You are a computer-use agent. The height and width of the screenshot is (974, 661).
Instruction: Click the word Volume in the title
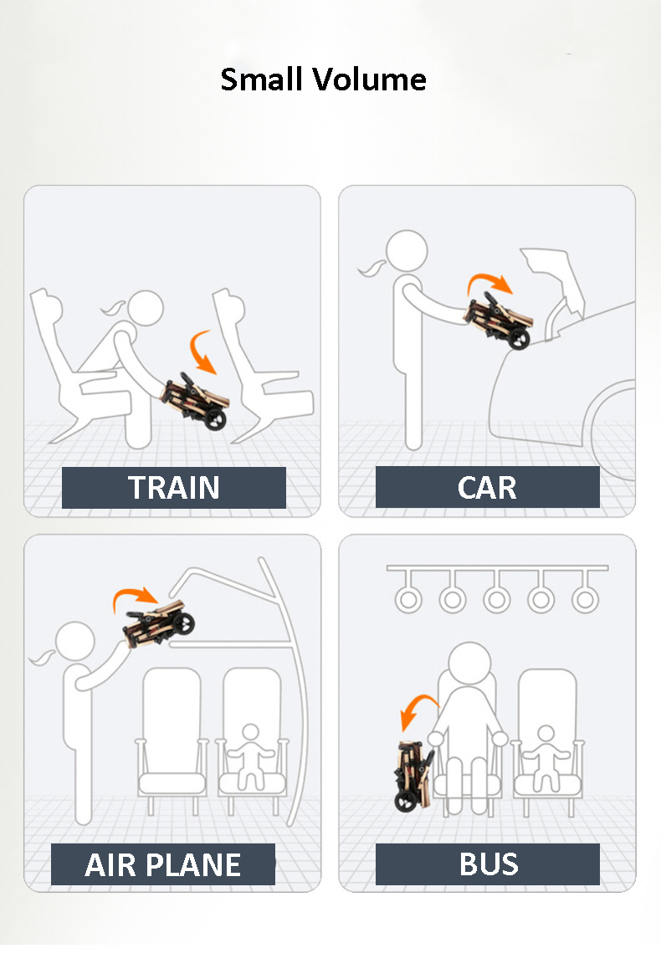tap(369, 79)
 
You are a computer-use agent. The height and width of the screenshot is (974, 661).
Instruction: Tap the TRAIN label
tap(174, 488)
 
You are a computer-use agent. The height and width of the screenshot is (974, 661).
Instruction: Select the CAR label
tap(488, 488)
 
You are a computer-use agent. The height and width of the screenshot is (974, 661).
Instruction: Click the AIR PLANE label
tap(163, 864)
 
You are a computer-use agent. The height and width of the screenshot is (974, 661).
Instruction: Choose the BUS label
tap(488, 864)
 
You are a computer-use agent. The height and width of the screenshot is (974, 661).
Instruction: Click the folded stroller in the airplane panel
tap(158, 623)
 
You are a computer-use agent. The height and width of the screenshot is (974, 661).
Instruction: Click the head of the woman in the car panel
tap(407, 251)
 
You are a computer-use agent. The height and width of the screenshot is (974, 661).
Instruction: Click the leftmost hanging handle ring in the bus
tap(408, 600)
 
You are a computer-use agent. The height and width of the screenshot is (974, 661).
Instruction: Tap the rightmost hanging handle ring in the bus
tap(585, 600)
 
